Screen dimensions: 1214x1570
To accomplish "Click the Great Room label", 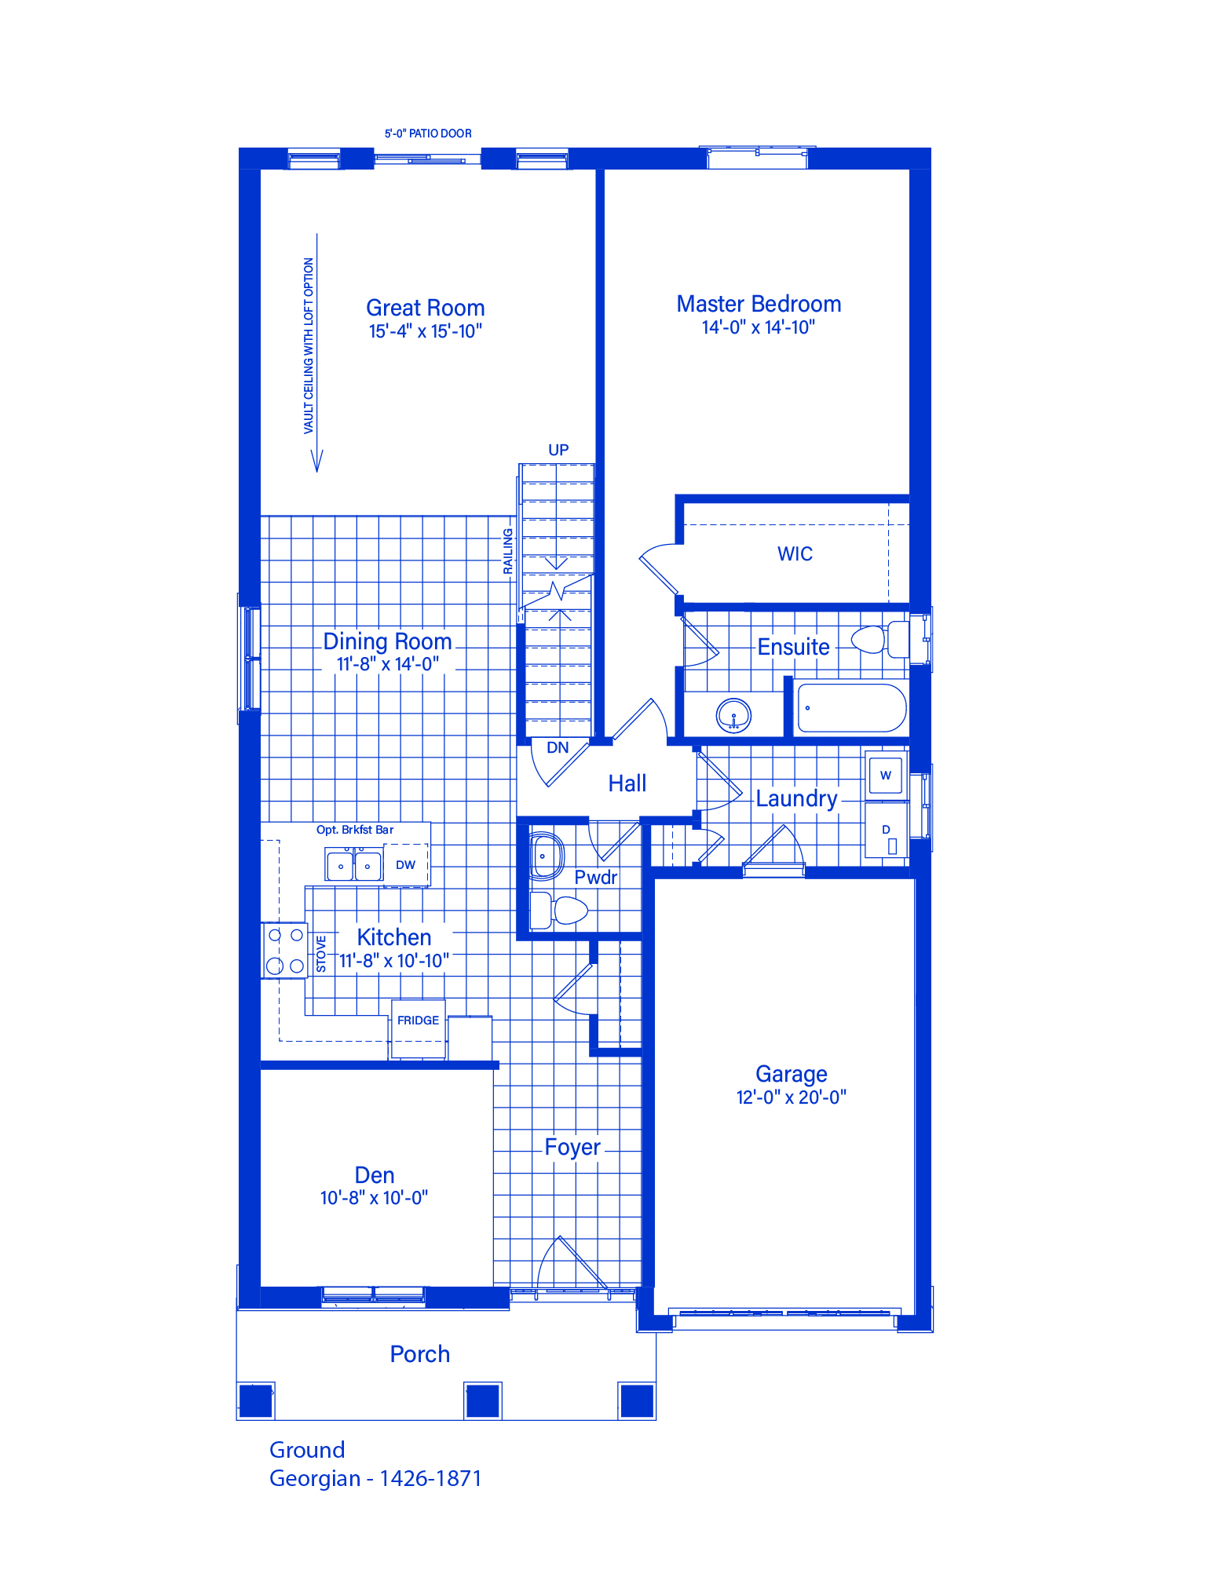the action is click(x=425, y=308).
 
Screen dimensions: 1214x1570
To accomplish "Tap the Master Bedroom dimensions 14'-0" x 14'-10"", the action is click(x=759, y=327).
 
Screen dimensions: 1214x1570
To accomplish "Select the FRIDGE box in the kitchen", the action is click(x=419, y=1028).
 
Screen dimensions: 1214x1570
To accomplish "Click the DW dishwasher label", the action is click(x=405, y=865).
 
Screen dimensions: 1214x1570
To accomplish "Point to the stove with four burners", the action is click(x=283, y=950).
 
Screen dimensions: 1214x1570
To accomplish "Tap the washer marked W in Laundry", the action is click(x=886, y=776).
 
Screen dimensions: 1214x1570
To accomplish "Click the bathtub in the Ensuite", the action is click(x=851, y=708).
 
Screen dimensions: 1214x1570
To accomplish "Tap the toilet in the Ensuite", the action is click(x=880, y=639).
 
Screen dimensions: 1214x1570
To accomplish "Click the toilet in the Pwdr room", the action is click(x=558, y=911).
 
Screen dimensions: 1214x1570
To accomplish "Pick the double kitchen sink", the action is click(x=354, y=865).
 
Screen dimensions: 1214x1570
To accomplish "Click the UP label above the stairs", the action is click(x=558, y=450).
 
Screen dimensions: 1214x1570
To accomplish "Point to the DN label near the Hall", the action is click(x=558, y=747).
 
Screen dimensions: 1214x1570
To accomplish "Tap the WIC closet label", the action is click(x=795, y=553).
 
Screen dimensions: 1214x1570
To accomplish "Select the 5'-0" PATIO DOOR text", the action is click(x=428, y=133).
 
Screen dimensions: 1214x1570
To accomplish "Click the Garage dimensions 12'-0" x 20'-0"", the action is click(x=791, y=1097).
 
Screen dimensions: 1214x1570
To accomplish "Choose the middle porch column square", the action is click(x=483, y=1400).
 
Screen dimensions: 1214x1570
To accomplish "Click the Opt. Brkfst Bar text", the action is click(x=355, y=830).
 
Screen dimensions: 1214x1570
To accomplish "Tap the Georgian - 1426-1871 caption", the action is click(x=375, y=1478).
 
